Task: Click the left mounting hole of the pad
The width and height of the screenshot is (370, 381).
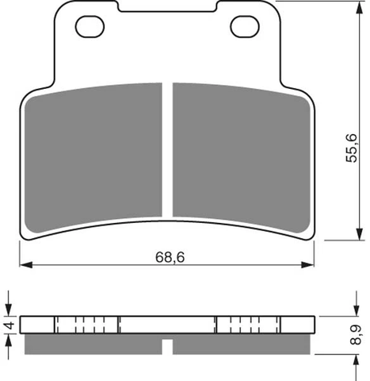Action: pyautogui.click(x=90, y=26)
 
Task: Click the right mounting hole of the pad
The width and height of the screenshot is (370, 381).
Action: pyautogui.click(x=245, y=26)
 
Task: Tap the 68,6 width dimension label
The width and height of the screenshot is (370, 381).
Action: pyautogui.click(x=170, y=257)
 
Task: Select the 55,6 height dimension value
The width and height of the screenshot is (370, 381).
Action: pyautogui.click(x=352, y=148)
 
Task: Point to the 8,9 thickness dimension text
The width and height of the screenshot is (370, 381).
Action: pyautogui.click(x=356, y=335)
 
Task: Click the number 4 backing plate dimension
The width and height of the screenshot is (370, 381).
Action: pyautogui.click(x=10, y=325)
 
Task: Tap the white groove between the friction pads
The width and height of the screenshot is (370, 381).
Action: pyautogui.click(x=167, y=149)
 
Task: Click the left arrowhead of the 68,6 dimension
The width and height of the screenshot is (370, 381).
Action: pyautogui.click(x=26, y=264)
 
